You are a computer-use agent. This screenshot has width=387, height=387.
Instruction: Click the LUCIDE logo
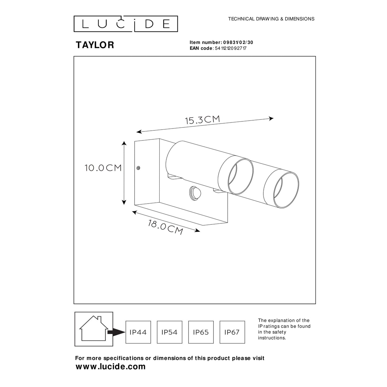click(126, 24)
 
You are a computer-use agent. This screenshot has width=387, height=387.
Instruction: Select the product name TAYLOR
click(95, 45)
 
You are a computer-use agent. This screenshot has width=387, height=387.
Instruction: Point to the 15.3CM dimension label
click(203, 120)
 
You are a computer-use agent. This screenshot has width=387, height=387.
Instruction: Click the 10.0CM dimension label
click(103, 168)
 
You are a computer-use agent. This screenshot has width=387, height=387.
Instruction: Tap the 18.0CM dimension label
click(166, 227)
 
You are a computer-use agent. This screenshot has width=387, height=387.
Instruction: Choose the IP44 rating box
click(138, 332)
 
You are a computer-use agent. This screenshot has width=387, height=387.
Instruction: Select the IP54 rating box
click(170, 332)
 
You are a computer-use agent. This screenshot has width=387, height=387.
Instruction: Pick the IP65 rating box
click(201, 332)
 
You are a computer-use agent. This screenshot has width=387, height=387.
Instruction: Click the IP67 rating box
click(232, 332)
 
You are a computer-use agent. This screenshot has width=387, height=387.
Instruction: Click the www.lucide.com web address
click(111, 366)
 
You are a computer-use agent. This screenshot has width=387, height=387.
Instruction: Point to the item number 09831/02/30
click(238, 42)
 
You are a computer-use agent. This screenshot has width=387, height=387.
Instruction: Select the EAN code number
click(231, 48)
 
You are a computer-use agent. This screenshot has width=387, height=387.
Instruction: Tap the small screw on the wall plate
click(138, 168)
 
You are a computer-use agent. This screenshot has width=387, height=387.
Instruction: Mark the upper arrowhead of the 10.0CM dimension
click(124, 143)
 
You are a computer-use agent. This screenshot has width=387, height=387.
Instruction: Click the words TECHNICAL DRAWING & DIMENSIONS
click(271, 19)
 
